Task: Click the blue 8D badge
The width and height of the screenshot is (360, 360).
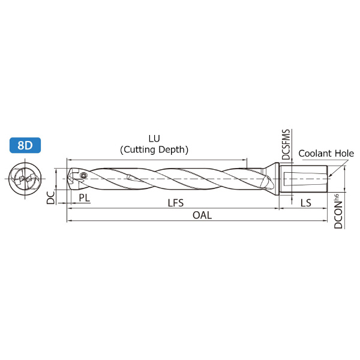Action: click(x=25, y=145)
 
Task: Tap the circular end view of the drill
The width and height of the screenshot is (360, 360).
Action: click(x=25, y=179)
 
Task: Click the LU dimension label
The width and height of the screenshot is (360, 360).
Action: click(x=154, y=139)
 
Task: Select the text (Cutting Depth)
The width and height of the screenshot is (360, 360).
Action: click(x=154, y=149)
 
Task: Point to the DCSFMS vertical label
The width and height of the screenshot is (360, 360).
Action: click(x=286, y=145)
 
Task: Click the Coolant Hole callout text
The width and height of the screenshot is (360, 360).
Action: click(x=326, y=154)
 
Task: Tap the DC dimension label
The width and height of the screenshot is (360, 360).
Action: click(x=51, y=197)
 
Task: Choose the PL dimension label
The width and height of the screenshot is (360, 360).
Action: click(x=84, y=197)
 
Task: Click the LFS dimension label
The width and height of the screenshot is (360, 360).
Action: click(x=176, y=203)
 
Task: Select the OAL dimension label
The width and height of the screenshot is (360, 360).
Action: click(x=202, y=215)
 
